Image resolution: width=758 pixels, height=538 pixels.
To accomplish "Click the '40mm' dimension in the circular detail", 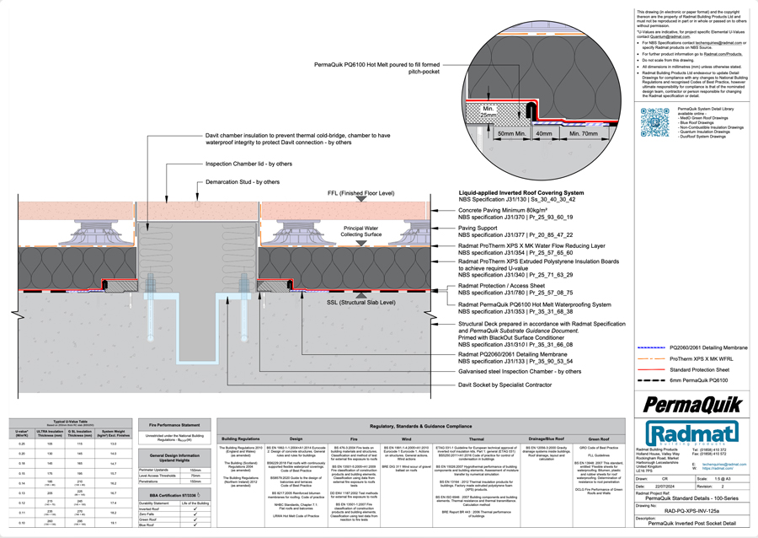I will (x=544, y=134).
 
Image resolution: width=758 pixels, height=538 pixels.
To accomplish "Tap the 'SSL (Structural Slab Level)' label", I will (x=361, y=302).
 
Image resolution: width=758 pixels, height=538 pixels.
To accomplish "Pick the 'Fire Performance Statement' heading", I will (x=174, y=425).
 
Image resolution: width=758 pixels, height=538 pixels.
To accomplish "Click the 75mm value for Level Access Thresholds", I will (x=195, y=476).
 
